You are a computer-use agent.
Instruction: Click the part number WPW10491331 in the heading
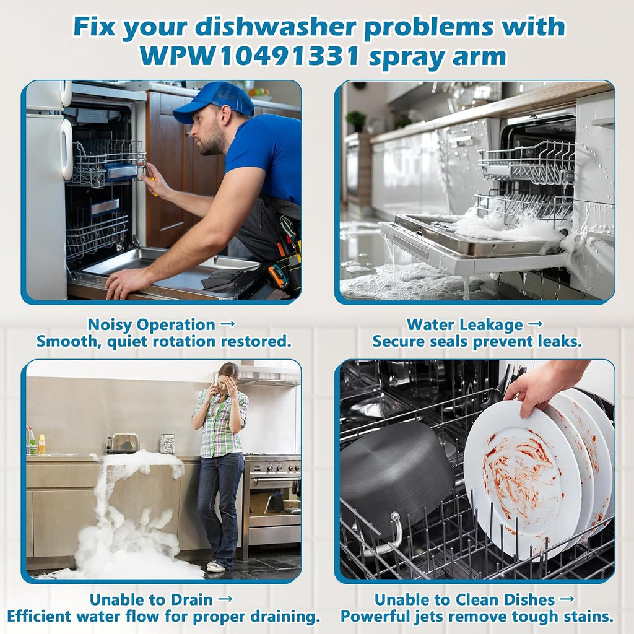[x=250, y=56]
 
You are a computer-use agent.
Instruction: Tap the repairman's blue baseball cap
[x=214, y=102]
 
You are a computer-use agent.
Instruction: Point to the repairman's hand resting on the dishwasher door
[x=129, y=282]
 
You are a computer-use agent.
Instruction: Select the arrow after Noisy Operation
[x=228, y=324]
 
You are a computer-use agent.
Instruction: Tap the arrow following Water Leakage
[x=536, y=324]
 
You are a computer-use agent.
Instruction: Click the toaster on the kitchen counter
[x=124, y=443]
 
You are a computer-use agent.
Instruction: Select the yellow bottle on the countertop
[x=41, y=444]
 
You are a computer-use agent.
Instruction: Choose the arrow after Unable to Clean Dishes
[x=567, y=599]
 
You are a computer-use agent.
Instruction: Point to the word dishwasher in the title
[x=275, y=27]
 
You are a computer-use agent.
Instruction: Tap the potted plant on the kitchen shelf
[x=356, y=121]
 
